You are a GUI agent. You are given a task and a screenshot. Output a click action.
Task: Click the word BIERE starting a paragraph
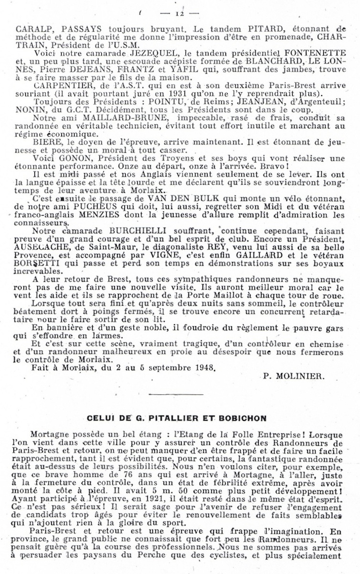pos(40,143)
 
